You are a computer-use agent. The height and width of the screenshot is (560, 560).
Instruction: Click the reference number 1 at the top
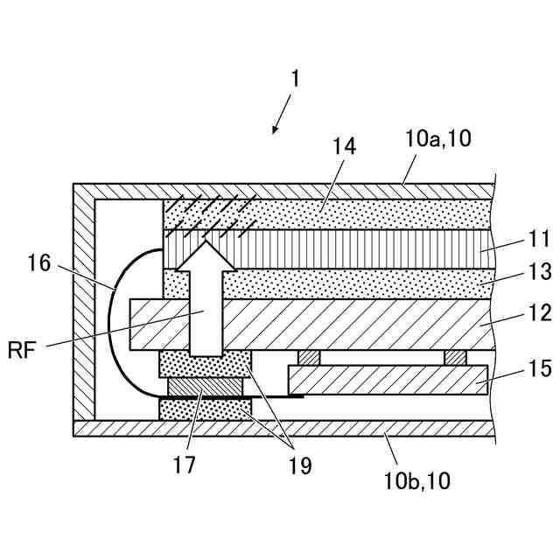pyautogui.click(x=295, y=79)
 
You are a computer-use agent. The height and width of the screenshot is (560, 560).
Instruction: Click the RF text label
pyautogui.click(x=24, y=352)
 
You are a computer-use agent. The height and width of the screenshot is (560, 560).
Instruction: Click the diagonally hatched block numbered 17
pyautogui.click(x=205, y=387)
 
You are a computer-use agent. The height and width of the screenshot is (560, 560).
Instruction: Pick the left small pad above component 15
pyautogui.click(x=310, y=357)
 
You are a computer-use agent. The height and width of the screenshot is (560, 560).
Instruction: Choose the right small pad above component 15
pyautogui.click(x=455, y=357)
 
